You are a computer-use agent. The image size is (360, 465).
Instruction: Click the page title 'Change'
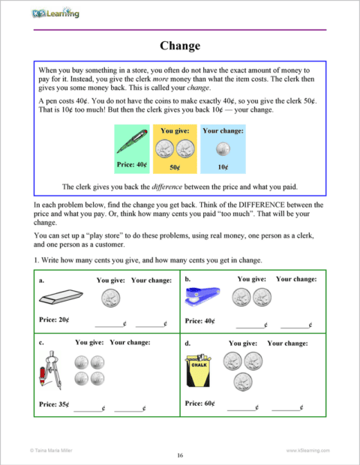tap(180, 46)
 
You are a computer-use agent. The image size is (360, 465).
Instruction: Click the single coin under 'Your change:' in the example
tap(222, 148)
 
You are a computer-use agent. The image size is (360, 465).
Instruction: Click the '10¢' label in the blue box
tap(222, 168)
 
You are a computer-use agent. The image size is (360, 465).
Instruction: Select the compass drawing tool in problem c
tap(49, 373)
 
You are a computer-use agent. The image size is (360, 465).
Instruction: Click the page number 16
tap(180, 454)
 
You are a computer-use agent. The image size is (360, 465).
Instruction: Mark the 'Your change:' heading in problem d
tap(287, 343)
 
